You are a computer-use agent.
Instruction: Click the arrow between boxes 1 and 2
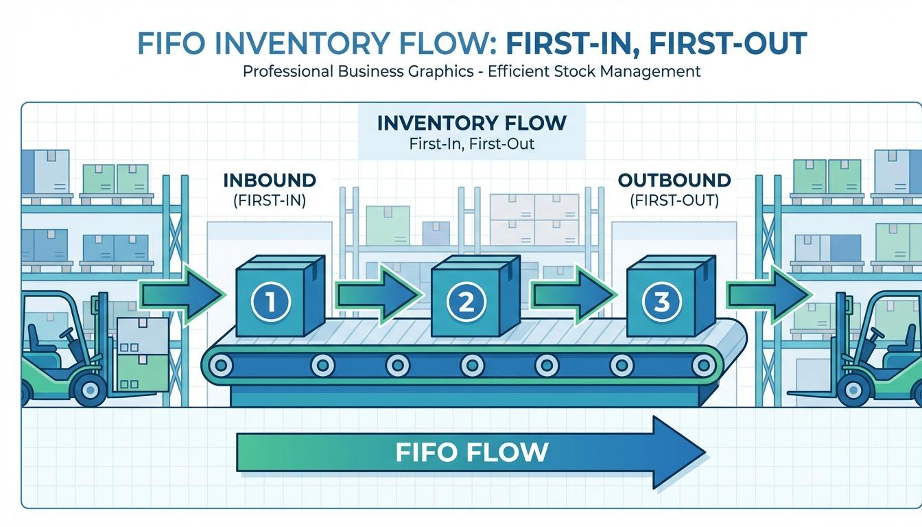(377, 296)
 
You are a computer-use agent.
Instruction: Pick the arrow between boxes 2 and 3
(573, 296)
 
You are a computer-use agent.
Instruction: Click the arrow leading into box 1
(182, 296)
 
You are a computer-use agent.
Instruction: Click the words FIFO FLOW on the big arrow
(472, 452)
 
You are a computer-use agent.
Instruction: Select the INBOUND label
(270, 180)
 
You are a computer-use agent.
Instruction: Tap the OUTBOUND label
(674, 180)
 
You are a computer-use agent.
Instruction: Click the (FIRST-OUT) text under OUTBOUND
(674, 201)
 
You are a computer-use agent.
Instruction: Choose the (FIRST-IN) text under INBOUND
(270, 201)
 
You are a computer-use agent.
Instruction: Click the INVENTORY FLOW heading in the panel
(472, 124)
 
